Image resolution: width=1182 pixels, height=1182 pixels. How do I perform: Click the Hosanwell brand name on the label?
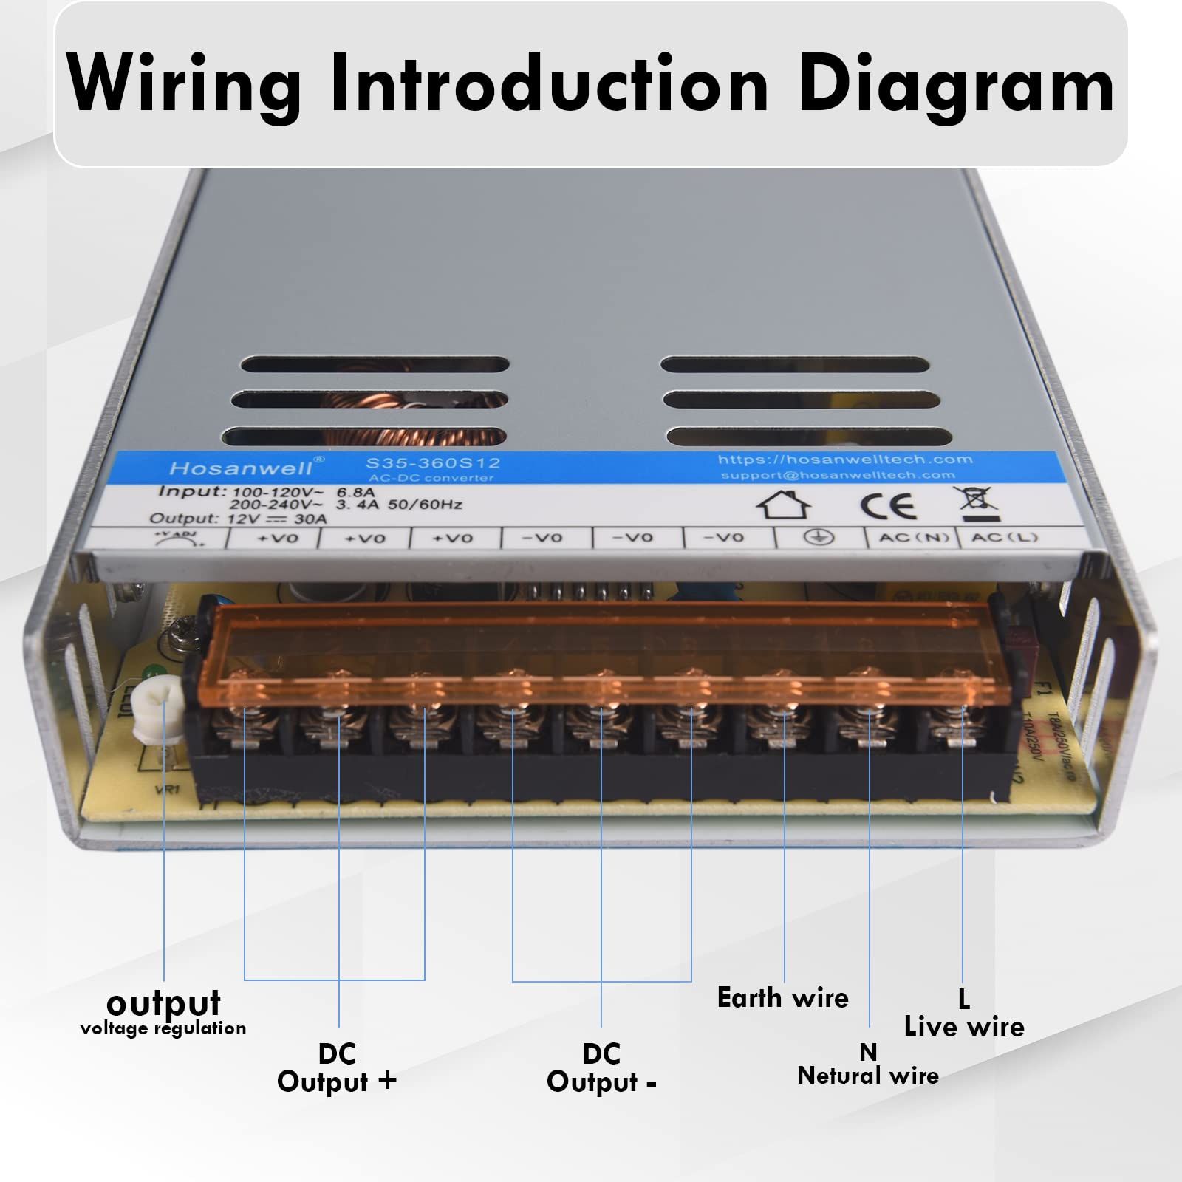[x=242, y=468]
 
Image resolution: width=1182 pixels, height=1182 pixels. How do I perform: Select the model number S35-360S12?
[x=433, y=463]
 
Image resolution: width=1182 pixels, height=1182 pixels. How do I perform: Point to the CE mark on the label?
[x=888, y=506]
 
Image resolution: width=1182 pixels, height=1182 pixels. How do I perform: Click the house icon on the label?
[x=784, y=505]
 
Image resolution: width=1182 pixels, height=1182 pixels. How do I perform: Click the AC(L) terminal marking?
[x=1004, y=537]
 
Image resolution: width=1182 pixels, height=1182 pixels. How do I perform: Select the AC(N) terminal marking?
[x=913, y=537]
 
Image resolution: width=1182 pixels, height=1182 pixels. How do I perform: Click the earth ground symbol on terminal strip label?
[x=819, y=537]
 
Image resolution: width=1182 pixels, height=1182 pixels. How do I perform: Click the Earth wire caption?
[x=782, y=998]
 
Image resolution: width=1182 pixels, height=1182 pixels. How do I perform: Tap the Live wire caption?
[x=964, y=1026]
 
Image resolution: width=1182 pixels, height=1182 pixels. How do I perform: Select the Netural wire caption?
[x=868, y=1076]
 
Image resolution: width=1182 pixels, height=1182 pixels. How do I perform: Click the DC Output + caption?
[x=337, y=1067]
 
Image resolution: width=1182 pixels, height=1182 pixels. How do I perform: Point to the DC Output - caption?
[x=601, y=1067]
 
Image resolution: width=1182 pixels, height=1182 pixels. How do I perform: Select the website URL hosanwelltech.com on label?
[x=845, y=460]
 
